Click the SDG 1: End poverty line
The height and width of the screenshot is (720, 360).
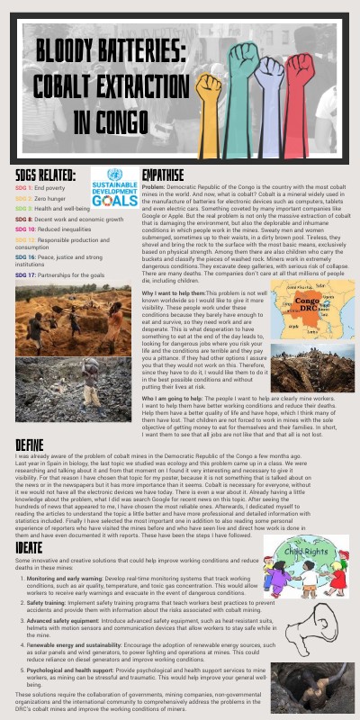40,187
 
